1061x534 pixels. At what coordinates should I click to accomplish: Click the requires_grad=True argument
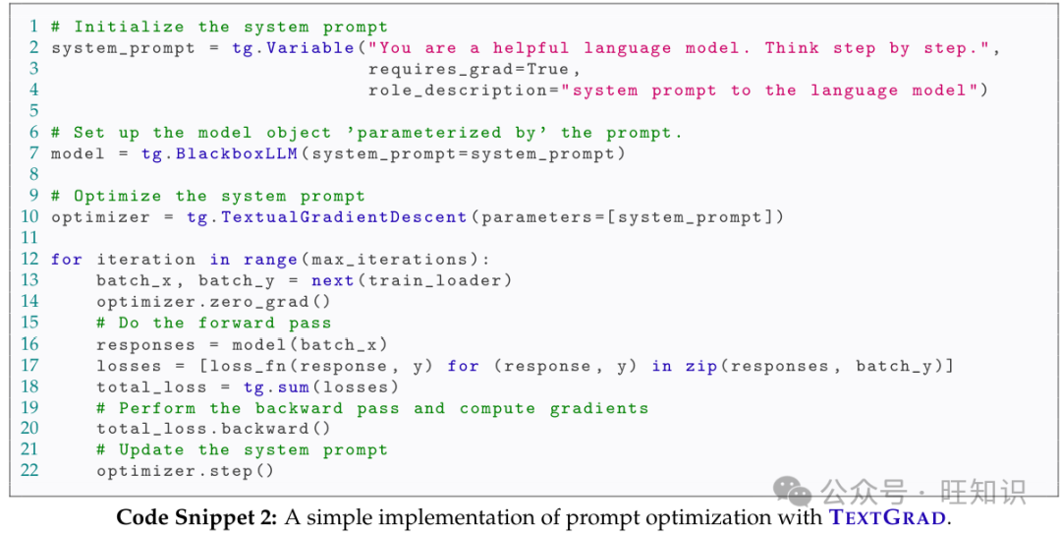coord(475,69)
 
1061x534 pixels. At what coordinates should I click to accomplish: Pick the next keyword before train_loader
coord(334,280)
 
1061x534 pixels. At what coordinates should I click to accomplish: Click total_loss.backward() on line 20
coord(213,429)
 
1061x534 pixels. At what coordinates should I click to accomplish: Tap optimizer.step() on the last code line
coord(186,471)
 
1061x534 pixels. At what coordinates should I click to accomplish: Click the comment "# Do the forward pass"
coord(213,323)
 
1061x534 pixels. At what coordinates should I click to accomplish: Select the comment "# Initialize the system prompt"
coord(219,27)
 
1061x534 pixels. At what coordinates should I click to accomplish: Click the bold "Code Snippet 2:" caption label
coord(196,517)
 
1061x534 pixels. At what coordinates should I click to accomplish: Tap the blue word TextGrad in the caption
coord(887,517)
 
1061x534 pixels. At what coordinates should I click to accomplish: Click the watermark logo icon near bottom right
coord(793,489)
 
